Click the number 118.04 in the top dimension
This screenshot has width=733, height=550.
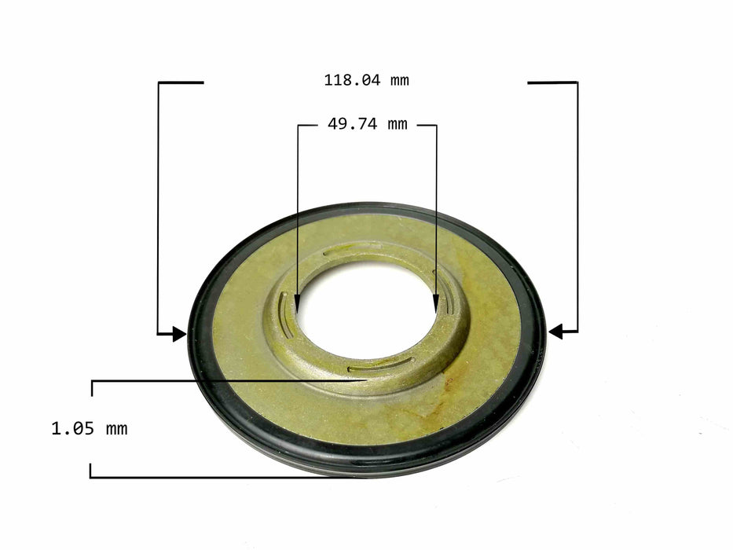click(351, 80)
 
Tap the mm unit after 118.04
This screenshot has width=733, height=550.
click(400, 81)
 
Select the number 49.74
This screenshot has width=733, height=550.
click(352, 124)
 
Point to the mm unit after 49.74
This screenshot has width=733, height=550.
click(398, 125)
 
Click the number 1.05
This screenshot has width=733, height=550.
click(73, 428)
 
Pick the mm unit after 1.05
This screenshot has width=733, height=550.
click(117, 429)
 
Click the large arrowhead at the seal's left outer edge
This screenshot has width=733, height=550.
click(179, 334)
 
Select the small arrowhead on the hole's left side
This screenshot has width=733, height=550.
click(297, 304)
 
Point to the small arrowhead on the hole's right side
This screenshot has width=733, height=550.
click(436, 303)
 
